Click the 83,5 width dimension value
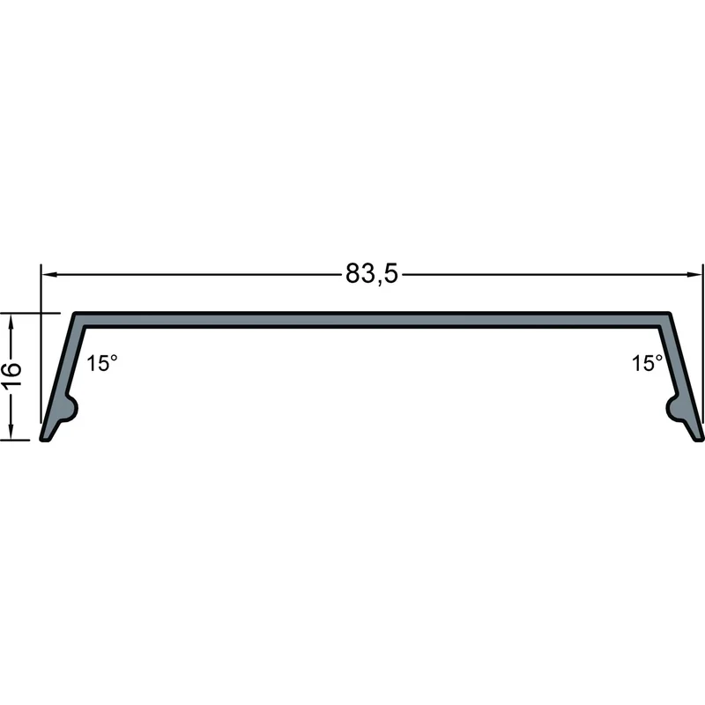(371, 273)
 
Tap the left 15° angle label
(102, 363)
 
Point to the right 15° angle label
(648, 363)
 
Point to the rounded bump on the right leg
(674, 408)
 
